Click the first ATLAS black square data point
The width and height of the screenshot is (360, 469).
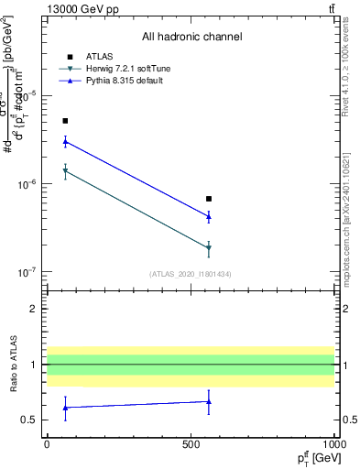point(65,121)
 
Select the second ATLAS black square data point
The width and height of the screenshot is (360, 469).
point(209,199)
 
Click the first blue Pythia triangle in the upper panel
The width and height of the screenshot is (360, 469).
point(65,142)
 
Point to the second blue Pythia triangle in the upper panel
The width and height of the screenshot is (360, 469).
point(209,217)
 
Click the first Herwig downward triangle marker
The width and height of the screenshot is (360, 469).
point(65,171)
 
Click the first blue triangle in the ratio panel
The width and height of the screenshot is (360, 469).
point(65,407)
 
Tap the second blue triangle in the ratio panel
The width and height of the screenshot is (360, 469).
point(209,401)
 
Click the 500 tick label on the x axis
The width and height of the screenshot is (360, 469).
point(191,443)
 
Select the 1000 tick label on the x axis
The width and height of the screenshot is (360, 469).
point(333,443)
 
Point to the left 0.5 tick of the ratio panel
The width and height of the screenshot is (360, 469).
point(30,420)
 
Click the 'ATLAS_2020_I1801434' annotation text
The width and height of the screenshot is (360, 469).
point(191,274)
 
